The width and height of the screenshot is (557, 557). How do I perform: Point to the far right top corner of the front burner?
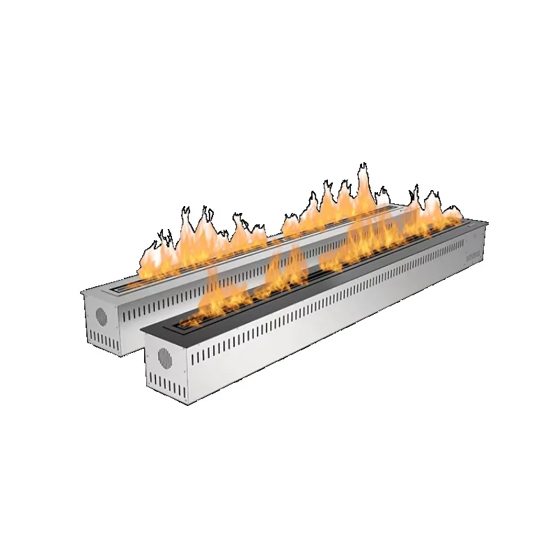point(485,225)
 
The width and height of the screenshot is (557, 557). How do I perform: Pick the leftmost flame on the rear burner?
point(150,258)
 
